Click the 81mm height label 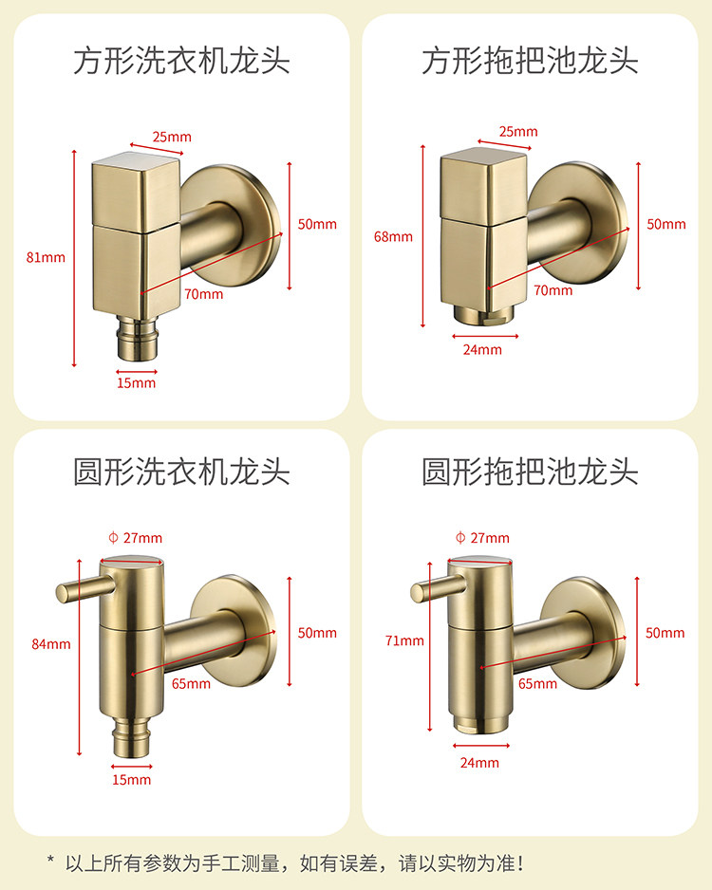click(46, 257)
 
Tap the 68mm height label click(393, 236)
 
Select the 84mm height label click(51, 643)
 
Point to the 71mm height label click(404, 640)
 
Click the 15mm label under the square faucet click(137, 382)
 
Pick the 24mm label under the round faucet click(479, 762)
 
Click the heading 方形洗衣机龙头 click(181, 61)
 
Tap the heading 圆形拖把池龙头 click(530, 472)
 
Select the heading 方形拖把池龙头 click(530, 61)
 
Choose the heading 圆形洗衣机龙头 click(181, 472)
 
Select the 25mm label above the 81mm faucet click(172, 137)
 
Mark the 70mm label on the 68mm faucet click(553, 290)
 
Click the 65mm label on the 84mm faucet click(191, 683)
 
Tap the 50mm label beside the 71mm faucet click(665, 632)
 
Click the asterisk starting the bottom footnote click(50, 859)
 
